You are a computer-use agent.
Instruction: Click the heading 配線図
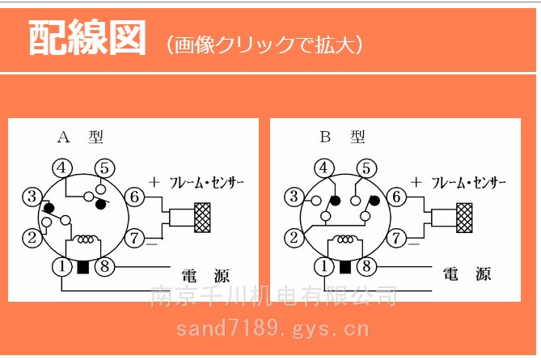coord(87,38)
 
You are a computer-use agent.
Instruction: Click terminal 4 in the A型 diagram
coord(62,167)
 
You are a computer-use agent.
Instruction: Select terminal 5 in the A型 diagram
coord(104,167)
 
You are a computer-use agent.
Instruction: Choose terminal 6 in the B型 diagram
coord(396,197)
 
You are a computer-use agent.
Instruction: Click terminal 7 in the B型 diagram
coord(396,238)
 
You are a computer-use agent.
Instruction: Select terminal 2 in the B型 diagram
coord(294,238)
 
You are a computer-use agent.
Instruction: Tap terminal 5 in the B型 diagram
coord(367,167)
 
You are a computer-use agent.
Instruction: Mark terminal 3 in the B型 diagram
coord(294,197)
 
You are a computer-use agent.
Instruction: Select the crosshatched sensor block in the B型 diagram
coord(465,217)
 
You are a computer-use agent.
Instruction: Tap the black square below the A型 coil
coord(82,267)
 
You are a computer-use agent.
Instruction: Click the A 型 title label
coord(80,138)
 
